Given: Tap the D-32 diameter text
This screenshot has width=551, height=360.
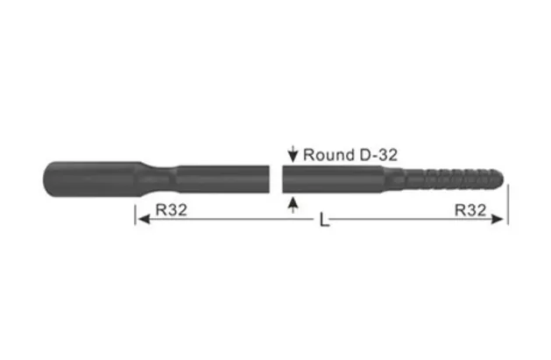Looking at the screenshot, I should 375,154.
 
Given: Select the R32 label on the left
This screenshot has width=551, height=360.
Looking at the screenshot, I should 166,210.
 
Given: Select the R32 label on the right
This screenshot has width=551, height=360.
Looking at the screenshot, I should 473,210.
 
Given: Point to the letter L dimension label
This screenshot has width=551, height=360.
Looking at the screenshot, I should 324,222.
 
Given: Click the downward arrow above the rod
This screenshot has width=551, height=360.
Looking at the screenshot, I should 293,154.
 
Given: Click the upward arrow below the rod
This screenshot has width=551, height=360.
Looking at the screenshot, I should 293,204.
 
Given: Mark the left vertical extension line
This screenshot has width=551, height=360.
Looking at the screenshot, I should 135,215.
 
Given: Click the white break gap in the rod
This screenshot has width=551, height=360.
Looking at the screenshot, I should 279,180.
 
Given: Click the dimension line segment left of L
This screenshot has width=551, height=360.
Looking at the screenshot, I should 228,221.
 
